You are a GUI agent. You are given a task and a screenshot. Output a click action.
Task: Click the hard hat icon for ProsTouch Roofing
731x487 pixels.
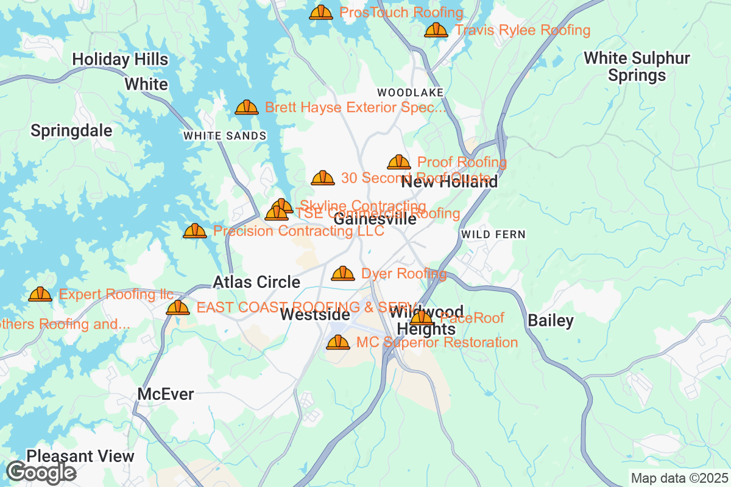point(321,12)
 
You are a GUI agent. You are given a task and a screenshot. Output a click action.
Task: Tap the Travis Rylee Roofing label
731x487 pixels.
point(522,30)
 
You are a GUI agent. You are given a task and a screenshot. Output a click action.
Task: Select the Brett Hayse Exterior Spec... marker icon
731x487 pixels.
point(247,108)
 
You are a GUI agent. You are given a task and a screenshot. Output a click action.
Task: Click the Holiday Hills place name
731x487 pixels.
point(120,59)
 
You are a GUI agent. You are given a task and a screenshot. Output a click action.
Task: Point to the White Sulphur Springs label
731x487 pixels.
point(637,67)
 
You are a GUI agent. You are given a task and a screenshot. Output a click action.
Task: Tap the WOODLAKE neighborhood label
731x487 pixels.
point(410,92)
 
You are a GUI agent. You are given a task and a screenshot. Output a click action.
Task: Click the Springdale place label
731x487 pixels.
point(71,131)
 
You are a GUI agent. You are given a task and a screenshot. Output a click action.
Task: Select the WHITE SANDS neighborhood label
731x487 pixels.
point(225,136)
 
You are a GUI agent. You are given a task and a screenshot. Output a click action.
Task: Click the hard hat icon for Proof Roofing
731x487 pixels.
point(399,162)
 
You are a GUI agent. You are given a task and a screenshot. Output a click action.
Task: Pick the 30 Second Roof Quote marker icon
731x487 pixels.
point(323,178)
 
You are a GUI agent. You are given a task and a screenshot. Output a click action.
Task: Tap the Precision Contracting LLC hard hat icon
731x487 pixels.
point(195,231)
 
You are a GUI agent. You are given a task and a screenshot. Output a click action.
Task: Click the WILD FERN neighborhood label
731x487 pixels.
point(493,234)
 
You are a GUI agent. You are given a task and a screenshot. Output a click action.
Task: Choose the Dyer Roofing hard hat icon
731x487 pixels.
point(343,274)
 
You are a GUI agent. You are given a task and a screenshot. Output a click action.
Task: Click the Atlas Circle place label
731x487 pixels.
point(256,282)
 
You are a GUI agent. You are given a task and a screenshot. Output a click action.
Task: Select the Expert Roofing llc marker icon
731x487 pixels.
point(40,295)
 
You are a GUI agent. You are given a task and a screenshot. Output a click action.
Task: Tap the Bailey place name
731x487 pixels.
point(551,321)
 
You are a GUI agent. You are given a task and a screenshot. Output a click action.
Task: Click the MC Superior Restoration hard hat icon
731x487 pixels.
point(338,343)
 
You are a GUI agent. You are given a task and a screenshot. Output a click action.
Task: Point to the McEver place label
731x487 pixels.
point(166,394)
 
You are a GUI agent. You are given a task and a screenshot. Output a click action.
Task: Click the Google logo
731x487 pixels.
point(41,472)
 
